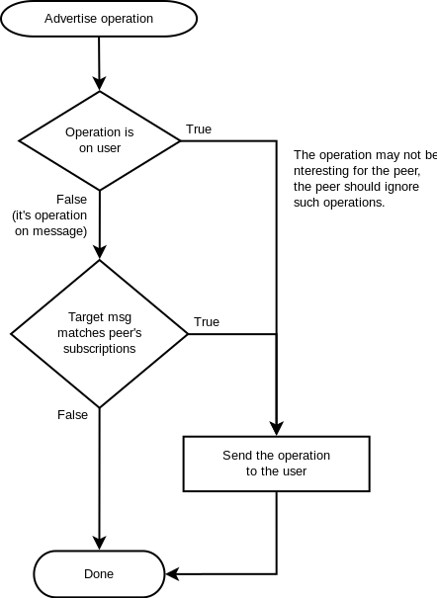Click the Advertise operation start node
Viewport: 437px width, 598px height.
click(x=99, y=19)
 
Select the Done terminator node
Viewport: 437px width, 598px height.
click(x=99, y=573)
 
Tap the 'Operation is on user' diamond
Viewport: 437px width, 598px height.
click(x=100, y=140)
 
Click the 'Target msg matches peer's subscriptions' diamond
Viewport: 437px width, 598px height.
click(x=100, y=334)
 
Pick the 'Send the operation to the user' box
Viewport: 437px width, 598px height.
click(x=277, y=464)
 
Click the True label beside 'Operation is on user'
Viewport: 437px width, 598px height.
click(x=199, y=129)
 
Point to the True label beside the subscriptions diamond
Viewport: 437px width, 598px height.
click(x=207, y=322)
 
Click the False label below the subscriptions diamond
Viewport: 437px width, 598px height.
click(x=72, y=414)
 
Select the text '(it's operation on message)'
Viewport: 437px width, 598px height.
click(x=50, y=223)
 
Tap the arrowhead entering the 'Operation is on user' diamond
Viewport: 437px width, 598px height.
click(x=100, y=84)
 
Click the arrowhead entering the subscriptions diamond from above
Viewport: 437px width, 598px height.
click(x=100, y=252)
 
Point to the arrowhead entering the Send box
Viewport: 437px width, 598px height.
click(x=277, y=429)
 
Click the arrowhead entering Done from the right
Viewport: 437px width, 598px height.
click(x=172, y=574)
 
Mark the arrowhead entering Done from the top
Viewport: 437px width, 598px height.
click(x=100, y=543)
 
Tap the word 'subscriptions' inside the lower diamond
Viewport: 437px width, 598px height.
click(x=100, y=349)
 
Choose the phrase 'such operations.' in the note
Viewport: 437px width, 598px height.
click(x=339, y=203)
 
